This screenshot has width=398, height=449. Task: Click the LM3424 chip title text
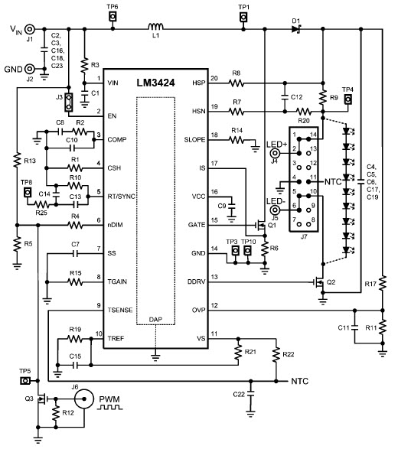[x=155, y=83]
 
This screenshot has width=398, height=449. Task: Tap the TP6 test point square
[x=113, y=17]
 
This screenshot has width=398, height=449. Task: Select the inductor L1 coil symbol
[x=155, y=26]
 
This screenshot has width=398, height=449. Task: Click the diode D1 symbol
[x=296, y=28]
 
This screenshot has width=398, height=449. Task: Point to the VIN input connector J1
[x=29, y=29]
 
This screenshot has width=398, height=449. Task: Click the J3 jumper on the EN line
[x=68, y=102]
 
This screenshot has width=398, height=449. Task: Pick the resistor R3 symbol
[x=84, y=66]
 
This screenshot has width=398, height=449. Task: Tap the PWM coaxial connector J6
[x=84, y=399]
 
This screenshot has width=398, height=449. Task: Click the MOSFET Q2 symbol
[x=320, y=282]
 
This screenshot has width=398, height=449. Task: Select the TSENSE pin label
[x=120, y=310]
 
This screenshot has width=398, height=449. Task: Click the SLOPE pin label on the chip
[x=194, y=140]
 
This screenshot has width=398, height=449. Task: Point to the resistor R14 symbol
[x=237, y=140]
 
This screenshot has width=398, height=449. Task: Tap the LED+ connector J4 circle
[x=275, y=153]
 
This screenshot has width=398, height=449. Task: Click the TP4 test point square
[x=348, y=99]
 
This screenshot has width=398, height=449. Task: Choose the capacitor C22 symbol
[x=250, y=393]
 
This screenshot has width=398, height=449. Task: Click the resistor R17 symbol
[x=383, y=283]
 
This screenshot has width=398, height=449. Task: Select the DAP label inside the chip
[x=155, y=319]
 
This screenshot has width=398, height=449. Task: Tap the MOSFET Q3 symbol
[x=42, y=399]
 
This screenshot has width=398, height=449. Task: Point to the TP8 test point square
[x=28, y=192]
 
